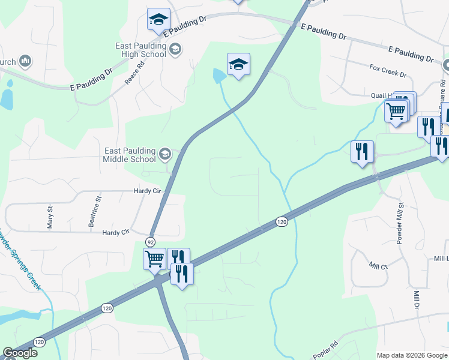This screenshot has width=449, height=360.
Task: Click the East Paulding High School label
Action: tap(140, 50)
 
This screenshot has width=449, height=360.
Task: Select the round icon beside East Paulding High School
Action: tap(175, 49)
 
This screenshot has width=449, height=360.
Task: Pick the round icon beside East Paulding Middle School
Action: tap(164, 155)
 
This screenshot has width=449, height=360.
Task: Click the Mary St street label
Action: tap(50, 217)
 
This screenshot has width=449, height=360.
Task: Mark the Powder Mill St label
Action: tap(399, 222)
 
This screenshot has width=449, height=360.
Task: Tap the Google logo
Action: tap(20, 353)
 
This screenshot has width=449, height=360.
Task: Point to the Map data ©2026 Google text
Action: tap(412, 355)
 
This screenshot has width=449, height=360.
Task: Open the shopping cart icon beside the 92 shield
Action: tap(154, 259)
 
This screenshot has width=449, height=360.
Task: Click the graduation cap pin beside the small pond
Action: tap(238, 64)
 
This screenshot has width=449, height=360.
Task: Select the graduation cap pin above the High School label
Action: tap(158, 19)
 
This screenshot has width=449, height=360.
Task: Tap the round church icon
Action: tap(25, 61)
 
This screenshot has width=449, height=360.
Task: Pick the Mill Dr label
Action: tap(416, 299)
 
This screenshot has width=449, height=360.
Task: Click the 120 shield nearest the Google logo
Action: tap(40, 340)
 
